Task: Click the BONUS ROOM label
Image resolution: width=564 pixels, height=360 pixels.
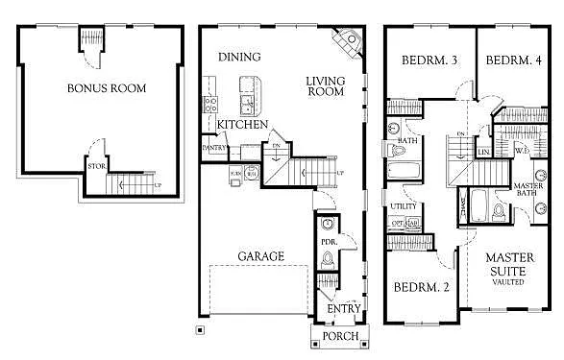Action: coord(106,88)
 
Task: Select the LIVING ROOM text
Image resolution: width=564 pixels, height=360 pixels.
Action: coord(325,86)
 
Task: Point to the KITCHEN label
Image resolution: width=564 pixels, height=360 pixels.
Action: coord(242,125)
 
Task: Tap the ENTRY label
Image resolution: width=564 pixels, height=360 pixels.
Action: coord(343,309)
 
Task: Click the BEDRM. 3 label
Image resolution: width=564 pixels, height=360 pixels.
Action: coord(429,61)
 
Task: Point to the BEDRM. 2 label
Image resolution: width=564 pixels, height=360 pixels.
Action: coord(423,287)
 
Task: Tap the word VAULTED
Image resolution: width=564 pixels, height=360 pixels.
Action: coord(509,283)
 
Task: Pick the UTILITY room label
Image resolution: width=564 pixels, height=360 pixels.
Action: coord(403,207)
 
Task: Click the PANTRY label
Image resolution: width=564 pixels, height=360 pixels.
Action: coord(213,148)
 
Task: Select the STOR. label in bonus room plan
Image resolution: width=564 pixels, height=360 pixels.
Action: coord(96,167)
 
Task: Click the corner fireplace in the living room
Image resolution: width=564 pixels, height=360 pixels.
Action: coord(344,42)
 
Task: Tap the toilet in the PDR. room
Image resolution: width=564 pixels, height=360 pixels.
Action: coord(327,258)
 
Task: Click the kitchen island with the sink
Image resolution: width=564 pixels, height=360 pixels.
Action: coord(249,95)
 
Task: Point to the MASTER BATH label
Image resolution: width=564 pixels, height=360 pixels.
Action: coord(527,189)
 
